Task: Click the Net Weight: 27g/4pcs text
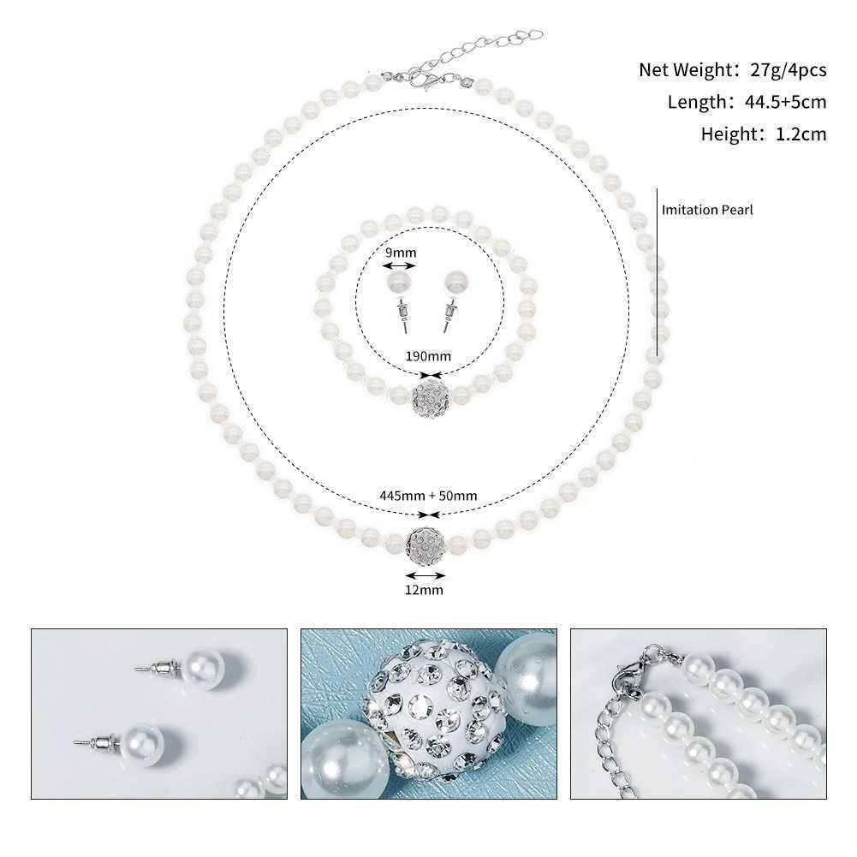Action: pyautogui.click(x=732, y=70)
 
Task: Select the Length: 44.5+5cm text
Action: pyautogui.click(x=747, y=103)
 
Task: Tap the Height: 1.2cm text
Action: pyautogui.click(x=764, y=134)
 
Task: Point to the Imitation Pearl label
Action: pyautogui.click(x=707, y=209)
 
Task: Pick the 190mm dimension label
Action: pyautogui.click(x=428, y=356)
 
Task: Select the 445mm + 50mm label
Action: pyautogui.click(x=428, y=495)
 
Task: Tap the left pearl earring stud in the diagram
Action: pyautogui.click(x=400, y=295)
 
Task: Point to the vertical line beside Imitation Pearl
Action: pyautogui.click(x=657, y=272)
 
